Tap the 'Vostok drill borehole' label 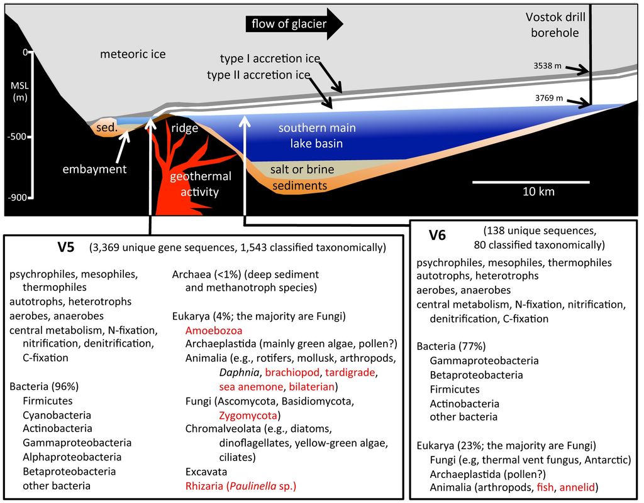coord(553,24)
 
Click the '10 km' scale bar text coord(539,192)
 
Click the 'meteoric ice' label coord(133,55)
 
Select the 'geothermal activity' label coord(201,184)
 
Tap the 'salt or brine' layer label coord(302,170)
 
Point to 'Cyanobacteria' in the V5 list coord(57,415)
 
